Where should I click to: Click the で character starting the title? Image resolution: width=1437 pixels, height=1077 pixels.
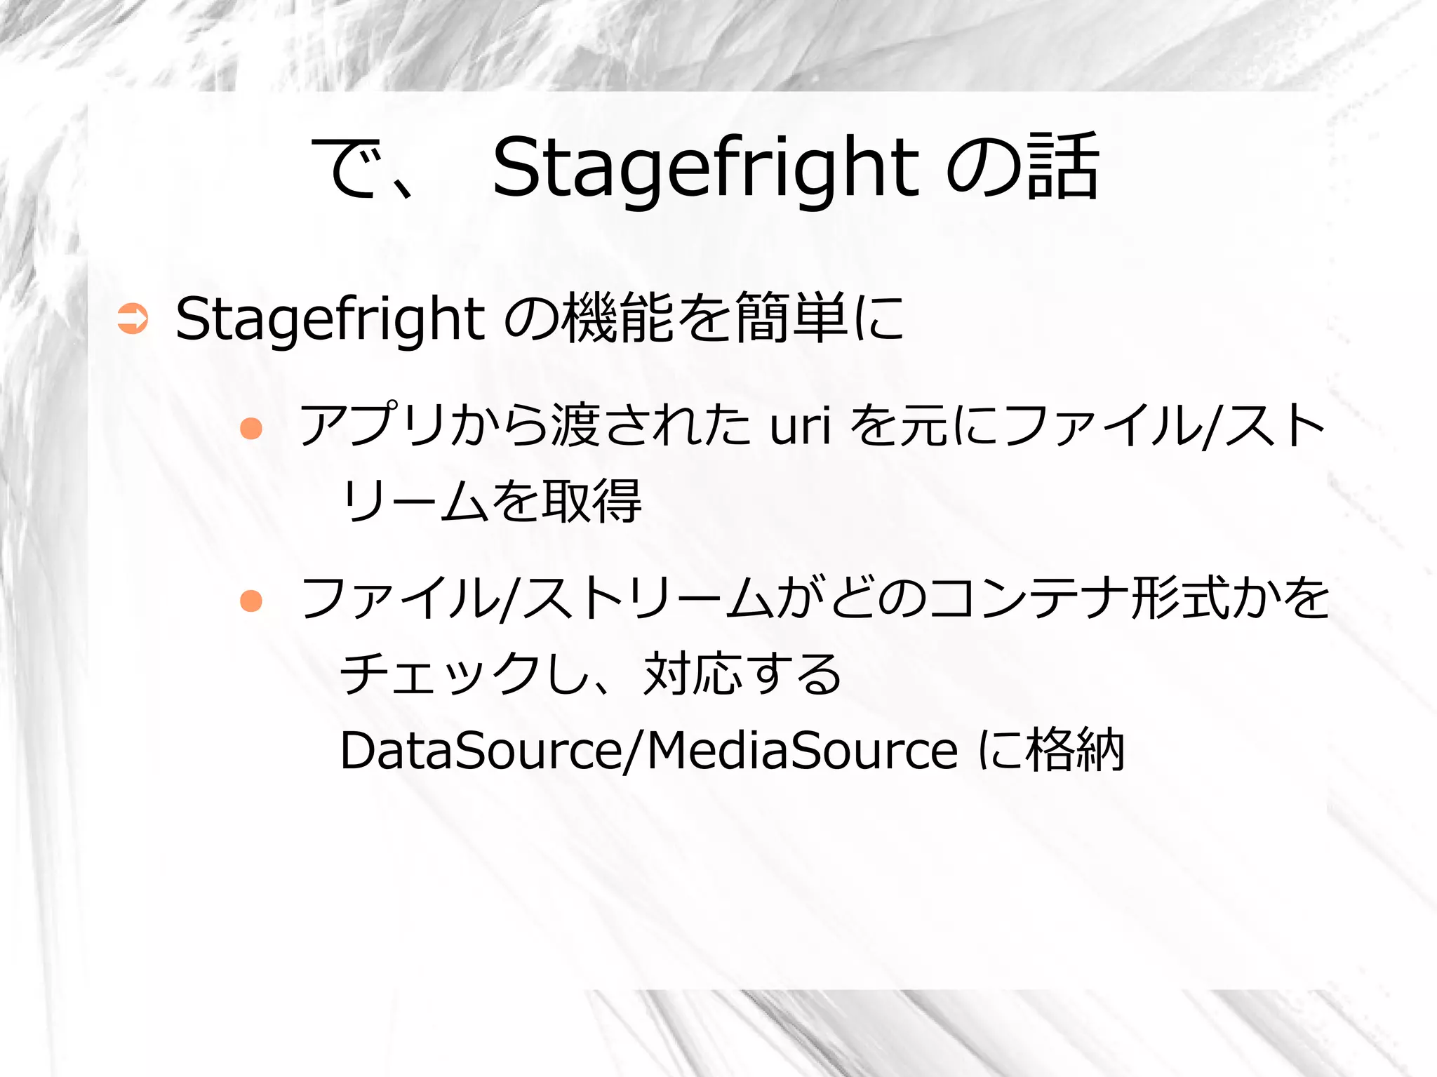347,167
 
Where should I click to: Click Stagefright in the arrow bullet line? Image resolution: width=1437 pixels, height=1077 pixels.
330,319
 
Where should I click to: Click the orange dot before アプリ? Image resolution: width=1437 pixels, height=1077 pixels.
250,428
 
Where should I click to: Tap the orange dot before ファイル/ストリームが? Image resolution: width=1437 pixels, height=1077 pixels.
250,601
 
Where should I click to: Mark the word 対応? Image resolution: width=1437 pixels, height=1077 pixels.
692,674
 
